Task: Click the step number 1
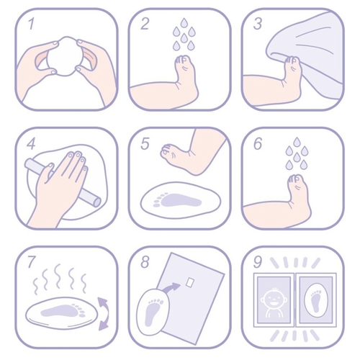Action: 31,24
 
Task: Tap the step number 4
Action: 31,143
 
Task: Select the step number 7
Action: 32,262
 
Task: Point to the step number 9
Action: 258,262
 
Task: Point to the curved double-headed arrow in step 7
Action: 104,313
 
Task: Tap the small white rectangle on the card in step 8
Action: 189,282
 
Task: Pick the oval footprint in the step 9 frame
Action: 316,299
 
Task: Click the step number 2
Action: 145,24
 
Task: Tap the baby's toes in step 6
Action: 296,179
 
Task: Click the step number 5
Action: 145,143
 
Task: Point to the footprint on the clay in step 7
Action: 63,310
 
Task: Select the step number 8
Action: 145,262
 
